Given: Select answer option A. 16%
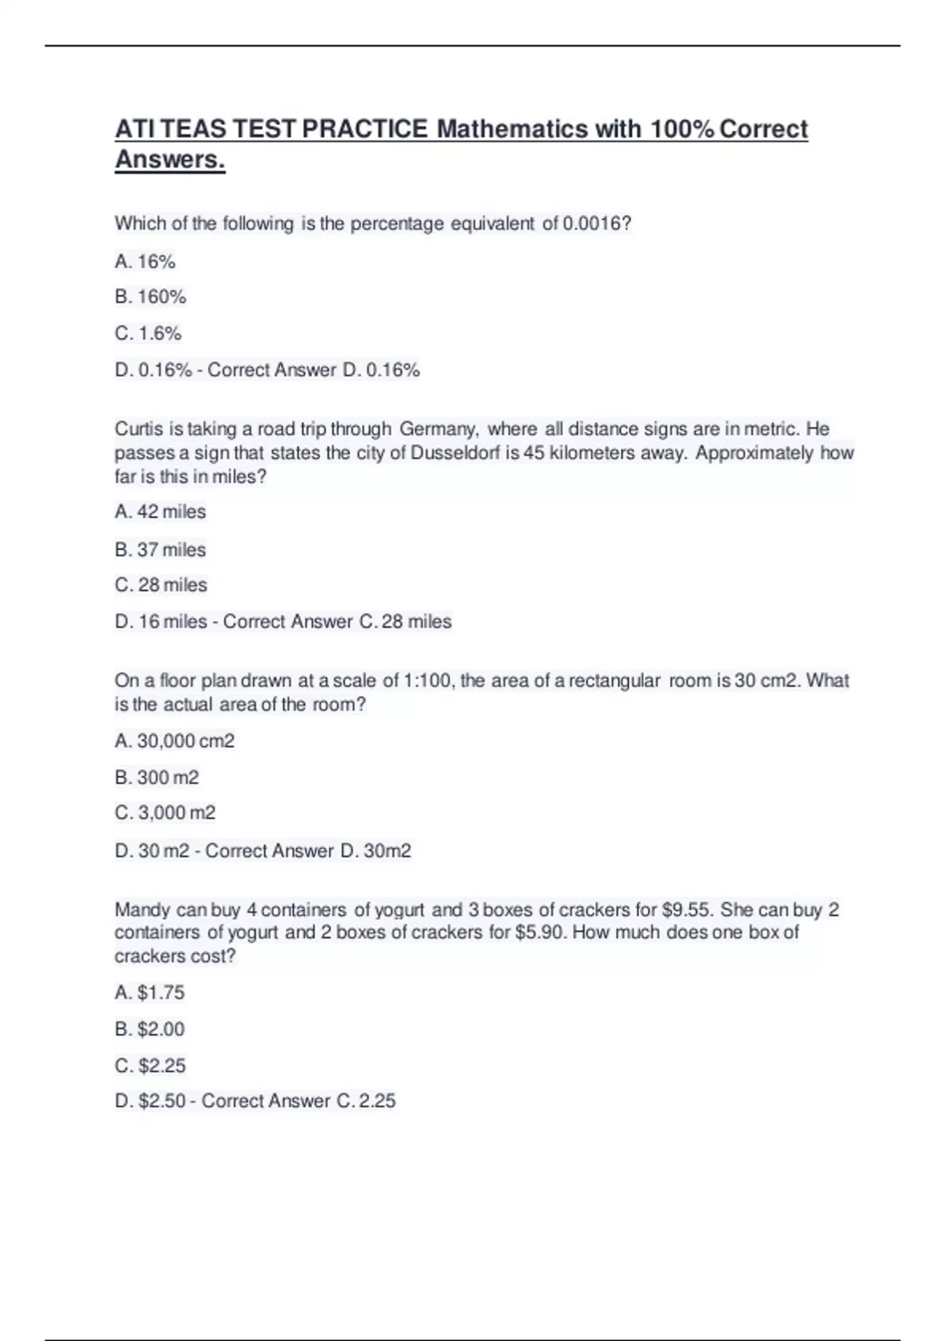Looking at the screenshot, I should [145, 262].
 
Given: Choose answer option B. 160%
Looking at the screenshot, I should [151, 297].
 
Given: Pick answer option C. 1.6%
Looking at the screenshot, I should [148, 334].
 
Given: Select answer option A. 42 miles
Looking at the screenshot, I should [160, 512].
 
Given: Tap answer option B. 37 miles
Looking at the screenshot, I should [160, 550].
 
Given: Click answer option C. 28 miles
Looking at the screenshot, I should [161, 585].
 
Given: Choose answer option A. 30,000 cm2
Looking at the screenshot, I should [174, 741].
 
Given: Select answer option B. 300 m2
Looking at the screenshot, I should [157, 778].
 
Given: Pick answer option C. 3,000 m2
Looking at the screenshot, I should [165, 813].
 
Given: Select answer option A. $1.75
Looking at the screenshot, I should [150, 992].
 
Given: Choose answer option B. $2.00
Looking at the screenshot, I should [150, 1029].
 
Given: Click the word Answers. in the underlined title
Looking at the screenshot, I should [170, 159].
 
